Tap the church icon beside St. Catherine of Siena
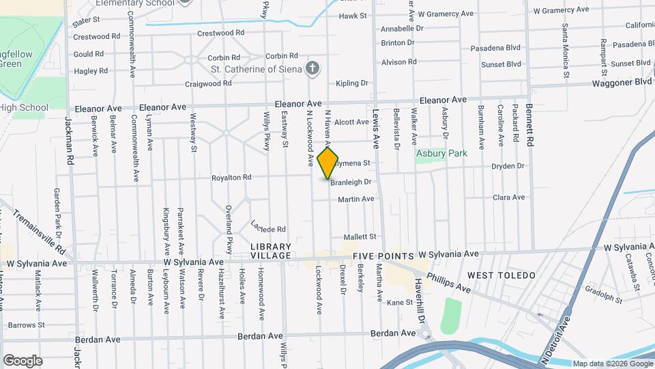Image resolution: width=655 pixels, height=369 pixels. tap(312, 68)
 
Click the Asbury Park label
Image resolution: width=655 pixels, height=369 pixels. tap(441, 154)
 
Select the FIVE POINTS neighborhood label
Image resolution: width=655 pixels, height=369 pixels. tap(383, 256)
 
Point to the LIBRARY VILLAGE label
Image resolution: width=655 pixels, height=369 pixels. tap(271, 251)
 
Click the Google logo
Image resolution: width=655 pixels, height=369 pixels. tap(23, 361)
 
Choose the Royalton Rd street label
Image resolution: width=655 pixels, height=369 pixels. tap(233, 178)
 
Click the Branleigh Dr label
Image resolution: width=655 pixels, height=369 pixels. tap(351, 182)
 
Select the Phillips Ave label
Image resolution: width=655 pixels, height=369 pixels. tap(448, 284)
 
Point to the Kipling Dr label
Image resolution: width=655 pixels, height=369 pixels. tap(352, 83)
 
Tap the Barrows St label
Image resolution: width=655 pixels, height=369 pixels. tap(26, 325)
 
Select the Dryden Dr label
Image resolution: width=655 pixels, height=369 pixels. tap(508, 166)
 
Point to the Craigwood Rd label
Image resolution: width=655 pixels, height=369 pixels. tap(209, 84)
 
